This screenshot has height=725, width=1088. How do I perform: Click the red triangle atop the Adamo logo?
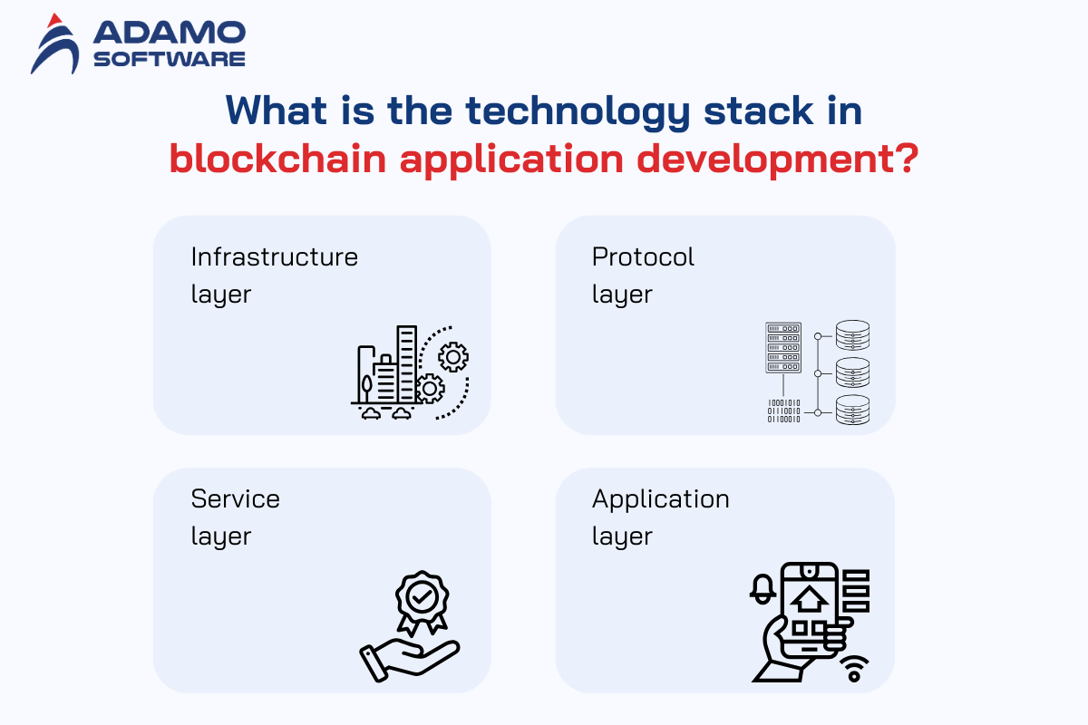tap(54, 21)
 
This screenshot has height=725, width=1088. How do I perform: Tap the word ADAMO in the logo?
tap(170, 32)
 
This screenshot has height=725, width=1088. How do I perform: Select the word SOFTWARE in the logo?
tap(170, 59)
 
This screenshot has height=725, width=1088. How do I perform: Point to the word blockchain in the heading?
tap(277, 159)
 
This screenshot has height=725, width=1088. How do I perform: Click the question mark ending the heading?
tap(906, 158)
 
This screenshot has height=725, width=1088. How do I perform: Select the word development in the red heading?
tap(765, 160)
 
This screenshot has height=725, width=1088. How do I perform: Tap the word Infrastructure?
tap(275, 256)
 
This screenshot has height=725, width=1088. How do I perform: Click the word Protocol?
tap(643, 256)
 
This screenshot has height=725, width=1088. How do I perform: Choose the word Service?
tap(236, 498)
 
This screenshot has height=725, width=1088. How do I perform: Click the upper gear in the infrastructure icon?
tap(453, 357)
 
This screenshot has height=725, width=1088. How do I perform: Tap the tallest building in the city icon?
tap(406, 363)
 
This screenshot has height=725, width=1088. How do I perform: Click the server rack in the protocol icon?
tap(783, 348)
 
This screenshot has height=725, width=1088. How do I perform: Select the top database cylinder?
tap(853, 335)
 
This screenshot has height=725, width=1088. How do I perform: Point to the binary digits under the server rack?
tap(783, 411)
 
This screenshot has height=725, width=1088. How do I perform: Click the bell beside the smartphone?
tap(763, 589)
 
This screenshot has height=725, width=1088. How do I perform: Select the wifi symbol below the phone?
tap(854, 669)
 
